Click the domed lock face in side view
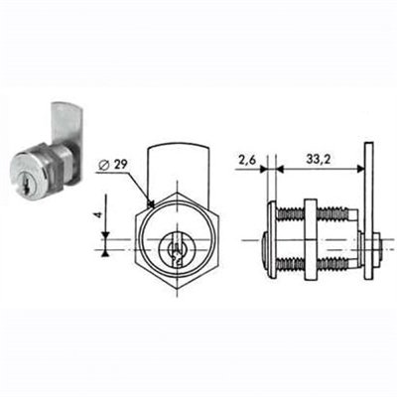(270, 242)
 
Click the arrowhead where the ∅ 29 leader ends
(150, 205)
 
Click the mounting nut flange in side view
(310, 242)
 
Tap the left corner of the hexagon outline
(130, 242)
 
